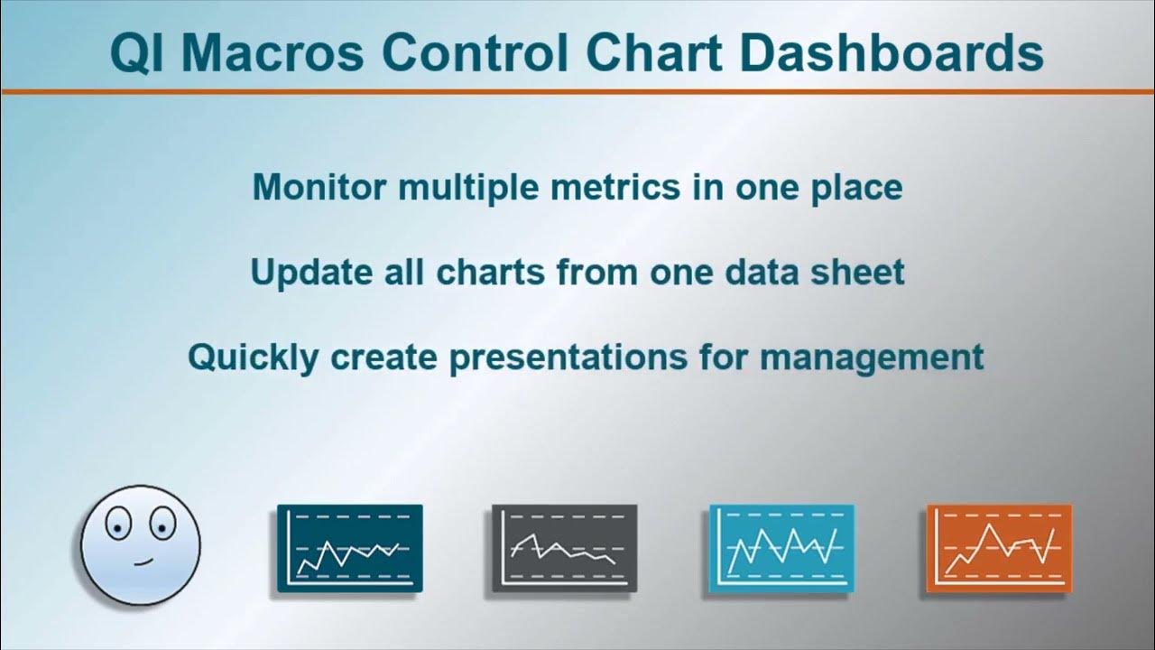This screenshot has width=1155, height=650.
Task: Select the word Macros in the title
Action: tap(273, 52)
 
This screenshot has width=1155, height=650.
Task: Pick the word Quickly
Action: tap(253, 357)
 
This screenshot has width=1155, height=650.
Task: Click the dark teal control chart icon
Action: tap(349, 549)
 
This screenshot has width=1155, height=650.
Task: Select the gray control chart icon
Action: tap(564, 549)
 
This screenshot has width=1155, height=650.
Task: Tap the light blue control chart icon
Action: tap(781, 549)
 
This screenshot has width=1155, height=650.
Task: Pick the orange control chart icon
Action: tap(999, 549)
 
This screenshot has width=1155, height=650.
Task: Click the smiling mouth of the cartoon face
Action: tap(142, 562)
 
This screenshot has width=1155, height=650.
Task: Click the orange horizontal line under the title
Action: tap(577, 91)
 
